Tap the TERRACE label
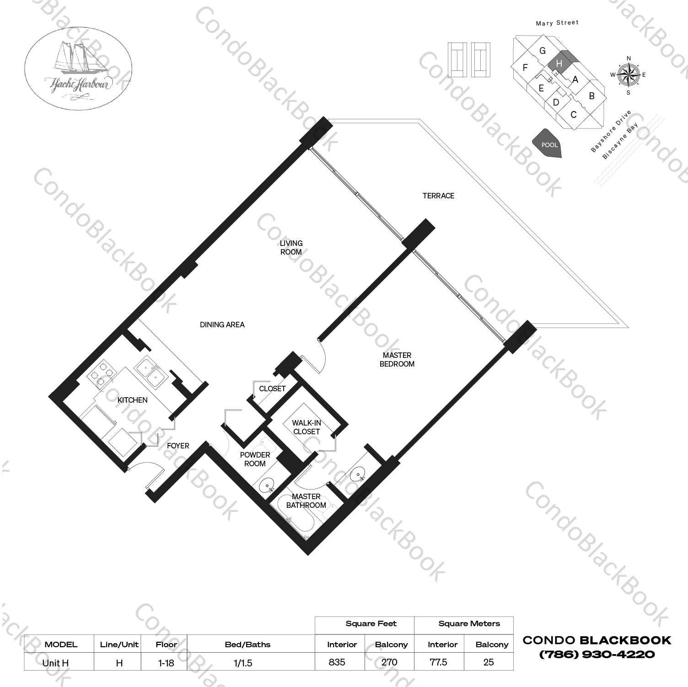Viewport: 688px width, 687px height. tap(438, 196)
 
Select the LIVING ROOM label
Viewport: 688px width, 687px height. tap(291, 247)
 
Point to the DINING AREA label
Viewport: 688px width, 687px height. tap(222, 325)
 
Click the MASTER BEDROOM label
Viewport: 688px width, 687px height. tap(397, 359)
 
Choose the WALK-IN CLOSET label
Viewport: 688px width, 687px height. tap(306, 427)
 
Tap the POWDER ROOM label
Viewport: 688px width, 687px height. tap(255, 459)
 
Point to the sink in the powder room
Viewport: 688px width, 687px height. tap(266, 485)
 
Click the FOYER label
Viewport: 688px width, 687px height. tap(178, 446)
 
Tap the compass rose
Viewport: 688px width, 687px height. tap(629, 75)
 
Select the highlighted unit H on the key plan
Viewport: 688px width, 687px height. tap(561, 62)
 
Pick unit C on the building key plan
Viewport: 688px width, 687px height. tap(574, 114)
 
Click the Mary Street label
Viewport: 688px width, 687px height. tap(557, 23)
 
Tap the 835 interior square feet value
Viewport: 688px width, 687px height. tap(337, 662)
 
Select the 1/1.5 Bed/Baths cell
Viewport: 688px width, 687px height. tap(243, 663)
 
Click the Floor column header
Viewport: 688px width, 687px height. tap(166, 644)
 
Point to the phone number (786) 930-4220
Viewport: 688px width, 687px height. tap(597, 654)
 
